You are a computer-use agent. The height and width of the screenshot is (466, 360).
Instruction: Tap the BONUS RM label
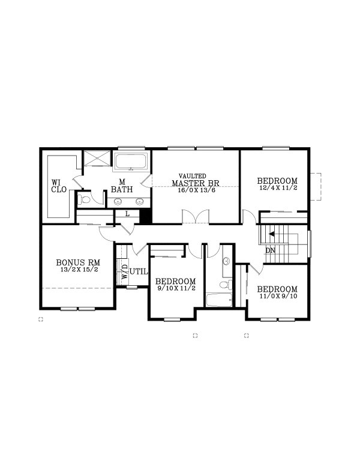coord(78,262)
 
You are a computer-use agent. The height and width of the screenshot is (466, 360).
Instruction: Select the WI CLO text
coord(58,186)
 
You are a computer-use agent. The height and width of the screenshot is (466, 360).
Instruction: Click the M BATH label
coord(122,186)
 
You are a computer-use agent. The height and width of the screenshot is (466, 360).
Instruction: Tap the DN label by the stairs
coord(271,249)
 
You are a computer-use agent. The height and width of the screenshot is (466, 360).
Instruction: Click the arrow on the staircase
coord(272,234)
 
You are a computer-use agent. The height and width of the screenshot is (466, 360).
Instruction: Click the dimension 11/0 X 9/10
coord(278,297)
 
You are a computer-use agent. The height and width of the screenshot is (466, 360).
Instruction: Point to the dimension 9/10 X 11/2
coord(176,289)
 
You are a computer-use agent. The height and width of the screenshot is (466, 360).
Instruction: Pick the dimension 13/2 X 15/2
coord(78,270)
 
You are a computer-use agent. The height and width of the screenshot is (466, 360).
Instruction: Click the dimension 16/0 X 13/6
coord(196,190)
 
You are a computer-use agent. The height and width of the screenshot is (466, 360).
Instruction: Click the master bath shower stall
coord(97,159)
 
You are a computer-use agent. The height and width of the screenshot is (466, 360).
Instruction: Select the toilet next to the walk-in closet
coord(84,199)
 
